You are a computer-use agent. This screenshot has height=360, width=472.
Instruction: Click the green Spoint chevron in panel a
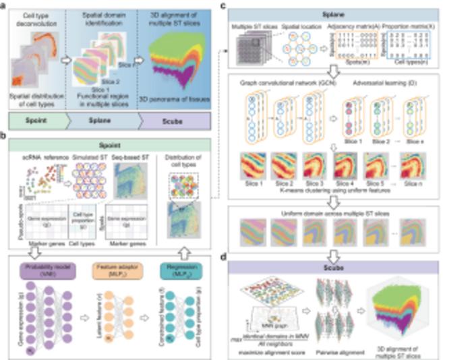point(39,121)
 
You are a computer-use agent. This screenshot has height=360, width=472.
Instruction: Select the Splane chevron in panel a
point(100,121)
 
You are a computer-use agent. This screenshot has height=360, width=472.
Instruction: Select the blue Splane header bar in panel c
point(345,13)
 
